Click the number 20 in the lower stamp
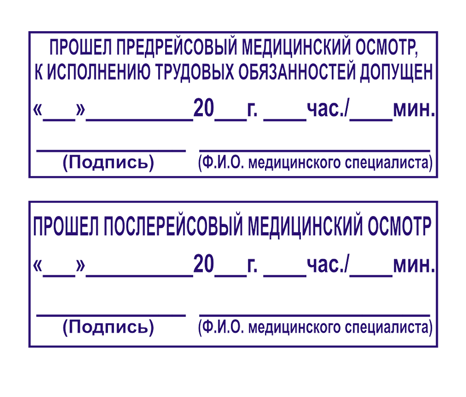point(203,265)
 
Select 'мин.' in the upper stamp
point(415,109)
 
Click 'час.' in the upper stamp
point(327,109)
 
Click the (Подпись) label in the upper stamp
point(108,163)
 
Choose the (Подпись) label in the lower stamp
point(108,327)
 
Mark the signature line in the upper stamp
point(111,150)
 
